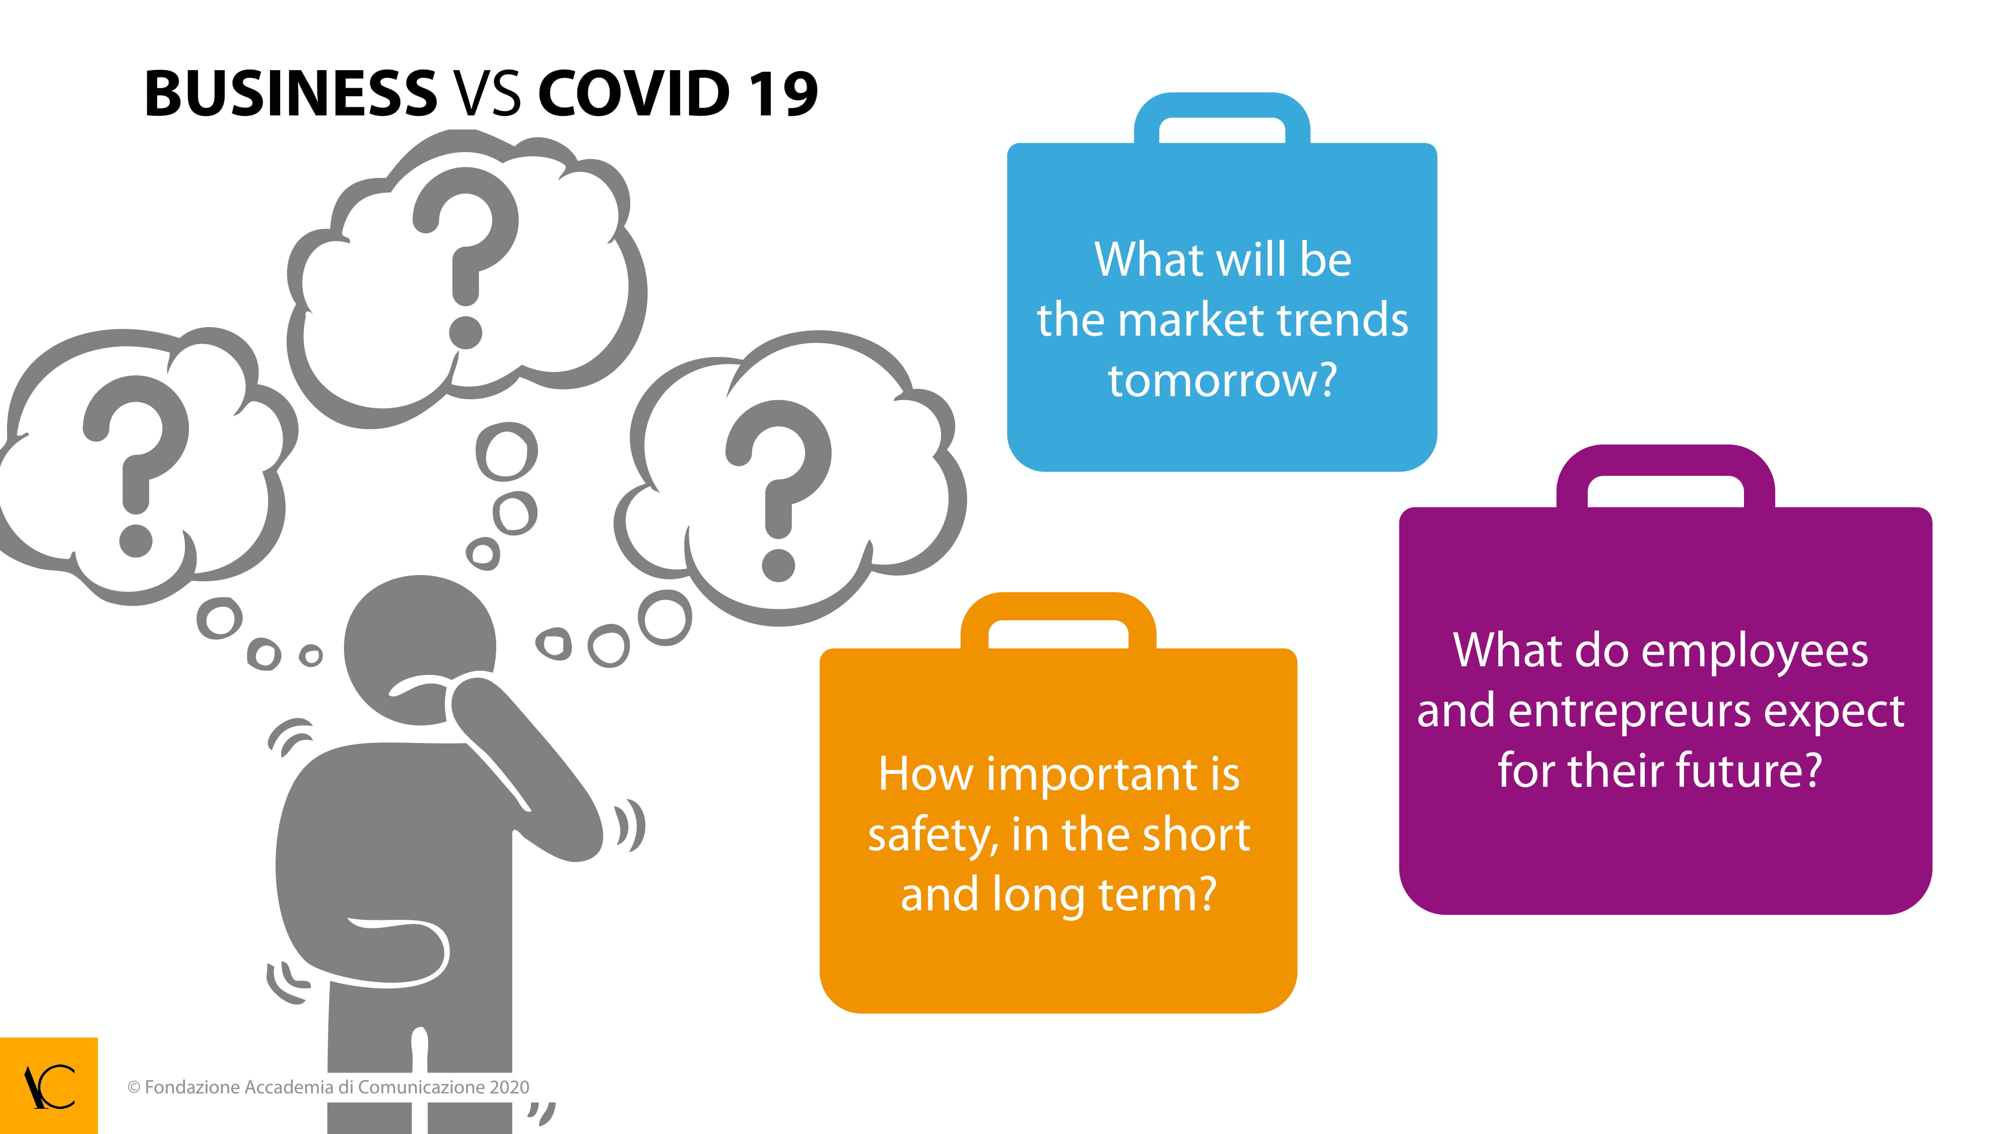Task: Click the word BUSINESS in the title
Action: coord(290,94)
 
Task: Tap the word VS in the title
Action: coord(487,94)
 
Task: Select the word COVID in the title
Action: coord(634,94)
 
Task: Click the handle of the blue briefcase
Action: coord(1222,106)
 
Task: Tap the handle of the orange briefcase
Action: coord(1058,606)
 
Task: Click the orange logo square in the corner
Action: coord(48,1086)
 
